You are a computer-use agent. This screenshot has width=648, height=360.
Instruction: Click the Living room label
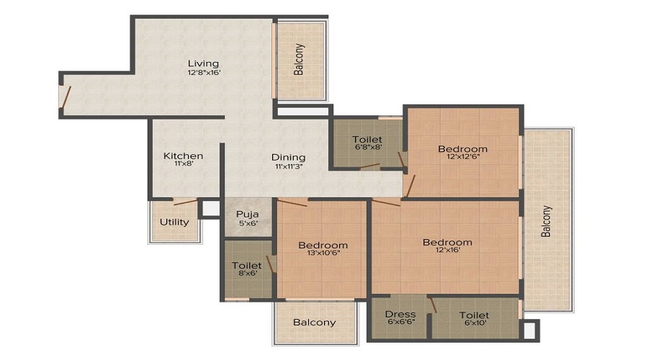(x=203, y=63)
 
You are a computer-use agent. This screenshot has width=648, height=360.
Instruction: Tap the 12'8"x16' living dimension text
(x=204, y=72)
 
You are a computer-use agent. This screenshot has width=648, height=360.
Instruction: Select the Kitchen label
(x=184, y=156)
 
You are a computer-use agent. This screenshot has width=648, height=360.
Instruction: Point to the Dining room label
(x=289, y=158)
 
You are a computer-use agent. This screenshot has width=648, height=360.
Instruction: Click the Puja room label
(x=248, y=214)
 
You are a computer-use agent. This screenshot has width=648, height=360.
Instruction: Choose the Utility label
(x=174, y=222)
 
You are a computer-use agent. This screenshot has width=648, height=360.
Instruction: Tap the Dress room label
(x=400, y=314)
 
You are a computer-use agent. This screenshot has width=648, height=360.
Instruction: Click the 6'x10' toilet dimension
(x=474, y=323)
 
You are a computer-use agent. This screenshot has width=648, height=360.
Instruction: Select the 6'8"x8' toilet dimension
(x=367, y=147)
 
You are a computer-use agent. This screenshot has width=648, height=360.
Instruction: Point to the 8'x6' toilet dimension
(x=247, y=273)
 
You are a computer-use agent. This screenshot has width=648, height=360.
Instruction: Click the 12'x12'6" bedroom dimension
(x=463, y=156)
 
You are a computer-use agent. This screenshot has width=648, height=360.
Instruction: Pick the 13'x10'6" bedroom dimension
(x=323, y=253)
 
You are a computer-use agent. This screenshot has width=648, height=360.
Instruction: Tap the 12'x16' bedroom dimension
(x=448, y=249)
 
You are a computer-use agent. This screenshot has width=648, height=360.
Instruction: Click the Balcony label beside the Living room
(x=298, y=59)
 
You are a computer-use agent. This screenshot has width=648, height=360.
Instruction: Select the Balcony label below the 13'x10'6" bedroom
(x=315, y=323)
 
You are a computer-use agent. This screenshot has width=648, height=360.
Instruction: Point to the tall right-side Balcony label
(x=546, y=221)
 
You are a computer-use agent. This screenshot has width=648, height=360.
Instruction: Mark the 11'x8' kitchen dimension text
(x=184, y=163)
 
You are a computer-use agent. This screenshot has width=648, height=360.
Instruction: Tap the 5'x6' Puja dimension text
(x=248, y=223)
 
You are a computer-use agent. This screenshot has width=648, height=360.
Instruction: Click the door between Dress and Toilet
(x=432, y=305)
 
